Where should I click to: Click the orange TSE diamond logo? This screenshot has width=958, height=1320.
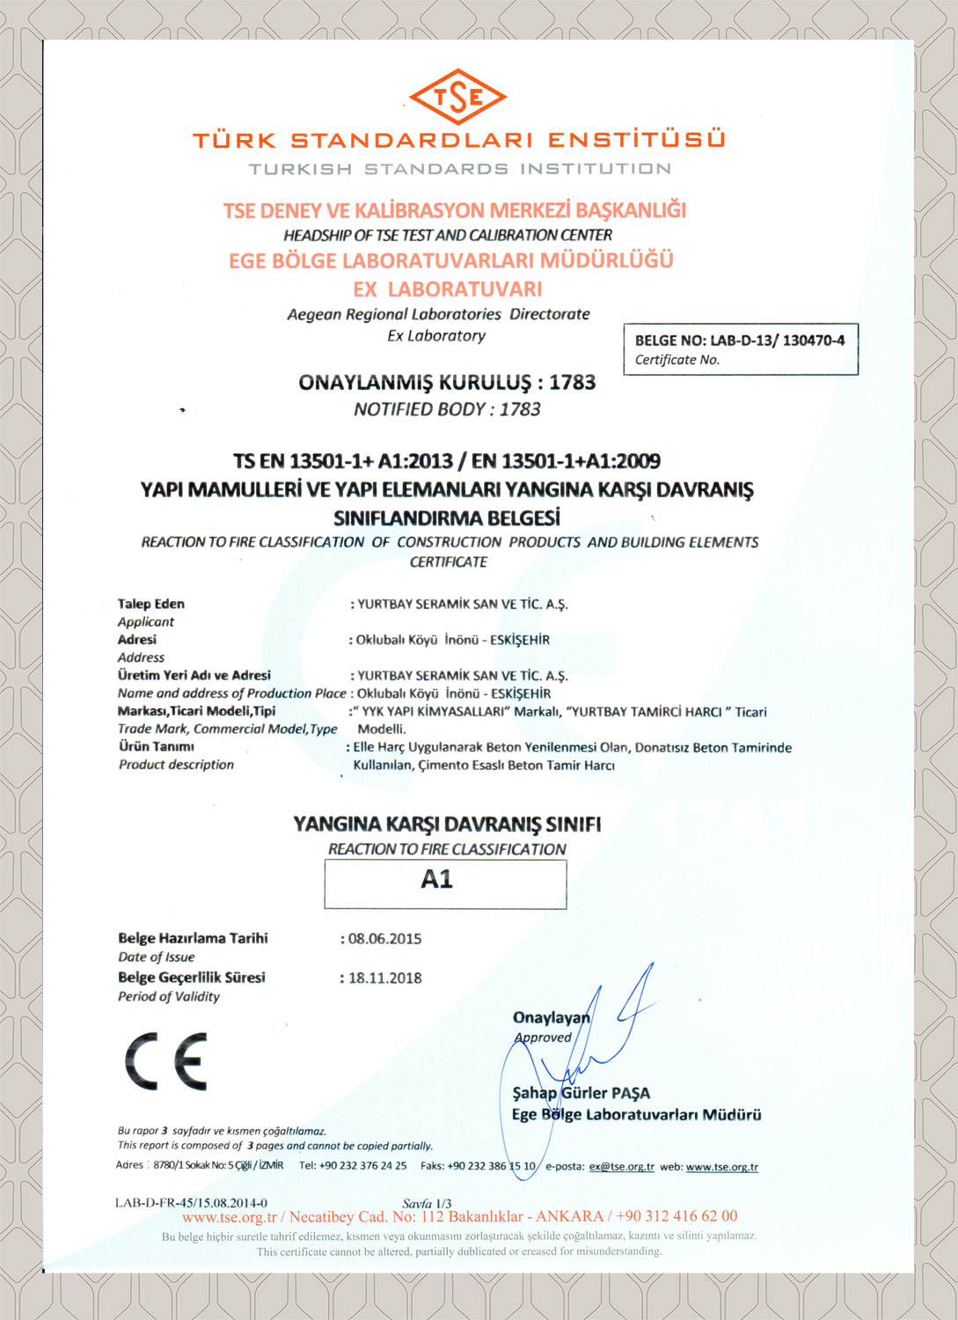[x=457, y=97]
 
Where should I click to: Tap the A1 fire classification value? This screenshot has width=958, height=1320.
[x=437, y=879]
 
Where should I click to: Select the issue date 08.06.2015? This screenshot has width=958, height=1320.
[x=384, y=939]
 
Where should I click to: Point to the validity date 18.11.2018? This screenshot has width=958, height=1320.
[x=384, y=978]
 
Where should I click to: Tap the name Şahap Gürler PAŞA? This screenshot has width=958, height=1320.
[x=581, y=1093]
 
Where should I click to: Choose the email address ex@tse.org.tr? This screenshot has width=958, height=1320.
[x=621, y=1167]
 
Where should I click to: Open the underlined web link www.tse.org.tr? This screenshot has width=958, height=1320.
[x=721, y=1167]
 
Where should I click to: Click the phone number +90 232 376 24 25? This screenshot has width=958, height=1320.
[x=353, y=1166]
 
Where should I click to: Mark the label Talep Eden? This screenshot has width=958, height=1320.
[x=151, y=604]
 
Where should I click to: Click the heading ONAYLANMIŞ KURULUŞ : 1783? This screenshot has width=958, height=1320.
[x=447, y=383]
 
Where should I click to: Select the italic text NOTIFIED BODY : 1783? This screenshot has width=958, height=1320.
[x=447, y=409]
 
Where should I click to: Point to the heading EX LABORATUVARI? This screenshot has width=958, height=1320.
[x=447, y=289]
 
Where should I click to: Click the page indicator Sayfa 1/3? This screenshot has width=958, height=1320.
[x=427, y=1203]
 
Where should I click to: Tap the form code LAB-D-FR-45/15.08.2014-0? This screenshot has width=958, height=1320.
[x=191, y=1203]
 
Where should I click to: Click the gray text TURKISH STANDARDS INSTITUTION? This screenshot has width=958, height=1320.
[x=459, y=169]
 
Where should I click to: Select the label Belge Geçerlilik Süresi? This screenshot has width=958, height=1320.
[x=192, y=978]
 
